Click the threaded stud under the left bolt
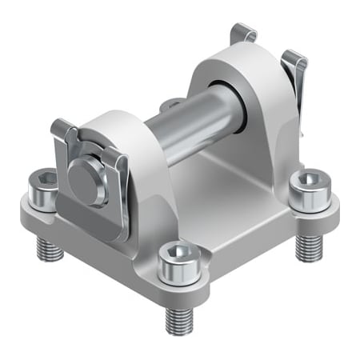(50, 250)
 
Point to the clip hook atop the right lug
(243, 33)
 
